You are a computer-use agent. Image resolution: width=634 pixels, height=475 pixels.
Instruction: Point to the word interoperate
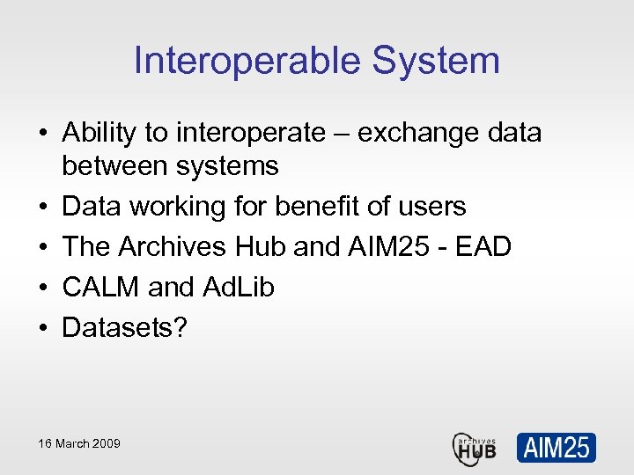click(250, 133)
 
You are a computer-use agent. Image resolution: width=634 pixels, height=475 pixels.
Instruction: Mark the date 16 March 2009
click(79, 443)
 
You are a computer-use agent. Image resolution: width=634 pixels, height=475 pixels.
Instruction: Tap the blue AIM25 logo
click(556, 447)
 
